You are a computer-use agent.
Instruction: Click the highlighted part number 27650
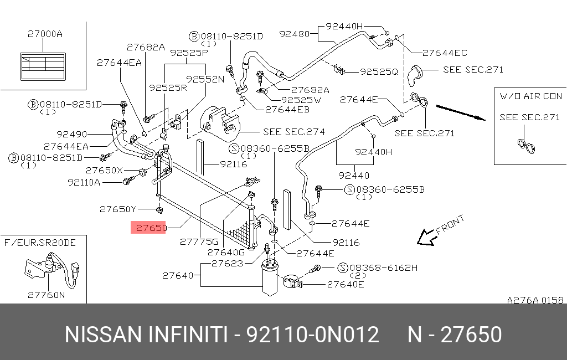[x=148, y=228]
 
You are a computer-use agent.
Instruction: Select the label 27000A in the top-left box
[x=45, y=34]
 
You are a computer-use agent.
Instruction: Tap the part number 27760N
[x=46, y=295]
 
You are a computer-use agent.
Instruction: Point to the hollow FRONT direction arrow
[x=426, y=237]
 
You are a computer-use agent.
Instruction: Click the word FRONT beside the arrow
[x=450, y=225]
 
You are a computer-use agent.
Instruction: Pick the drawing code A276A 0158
[x=535, y=300]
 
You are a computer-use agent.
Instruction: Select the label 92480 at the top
[x=294, y=34]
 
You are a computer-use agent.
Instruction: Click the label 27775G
[x=199, y=241]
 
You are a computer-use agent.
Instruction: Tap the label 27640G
[x=226, y=252]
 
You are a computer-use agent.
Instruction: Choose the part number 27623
[x=226, y=264]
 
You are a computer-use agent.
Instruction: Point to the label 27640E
[x=346, y=285]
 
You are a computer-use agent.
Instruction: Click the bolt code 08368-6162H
[x=384, y=268]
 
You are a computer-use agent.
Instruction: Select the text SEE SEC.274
[x=294, y=132]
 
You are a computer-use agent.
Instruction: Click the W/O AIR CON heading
[x=530, y=96]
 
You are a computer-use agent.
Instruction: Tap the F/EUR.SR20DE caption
[x=40, y=242]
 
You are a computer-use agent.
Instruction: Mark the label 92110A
[x=84, y=182]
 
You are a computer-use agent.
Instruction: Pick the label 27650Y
[x=117, y=209]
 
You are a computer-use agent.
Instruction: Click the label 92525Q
[x=379, y=71]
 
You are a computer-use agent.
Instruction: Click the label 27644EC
[x=445, y=53]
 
